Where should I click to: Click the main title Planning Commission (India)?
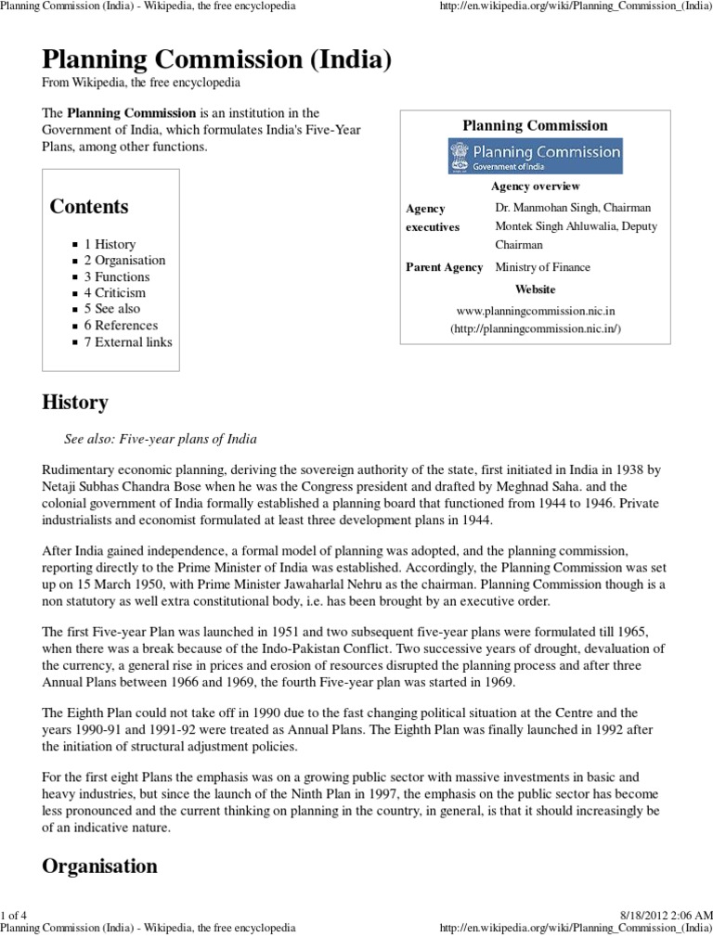[x=216, y=61]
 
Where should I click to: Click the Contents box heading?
[x=89, y=207]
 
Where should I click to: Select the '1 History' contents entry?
[x=110, y=244]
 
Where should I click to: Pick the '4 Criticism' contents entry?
[x=116, y=293]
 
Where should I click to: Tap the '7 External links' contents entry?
[x=128, y=341]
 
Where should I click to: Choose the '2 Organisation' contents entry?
[x=124, y=261]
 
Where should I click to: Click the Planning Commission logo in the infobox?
[x=535, y=156]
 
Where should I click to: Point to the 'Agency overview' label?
[x=535, y=186]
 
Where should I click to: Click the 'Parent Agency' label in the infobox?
[x=445, y=267]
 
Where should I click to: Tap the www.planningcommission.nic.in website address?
[x=536, y=313]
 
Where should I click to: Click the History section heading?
[x=75, y=404]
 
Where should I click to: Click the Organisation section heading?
[x=99, y=867]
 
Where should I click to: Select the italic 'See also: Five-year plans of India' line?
[x=160, y=438]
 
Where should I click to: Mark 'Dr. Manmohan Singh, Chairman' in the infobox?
[x=573, y=208]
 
